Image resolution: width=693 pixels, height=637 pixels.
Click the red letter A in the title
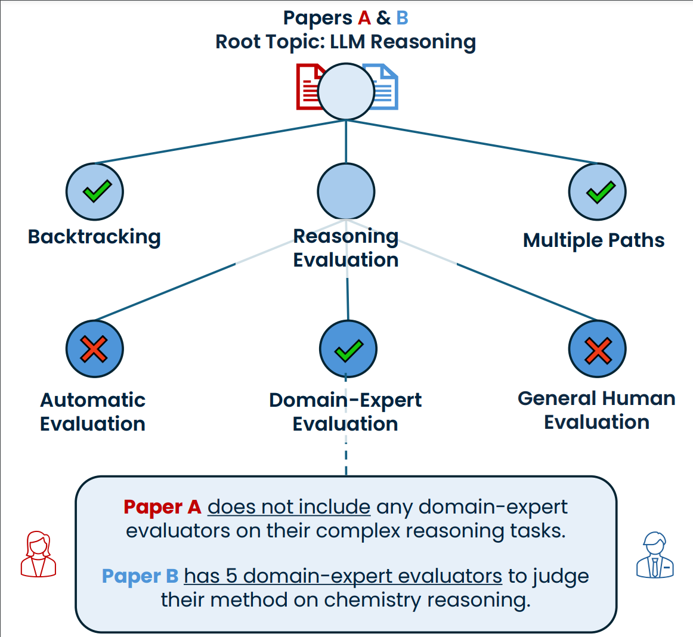[364, 18]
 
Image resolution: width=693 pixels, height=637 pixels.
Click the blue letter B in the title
[402, 18]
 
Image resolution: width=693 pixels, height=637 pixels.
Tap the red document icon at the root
[308, 87]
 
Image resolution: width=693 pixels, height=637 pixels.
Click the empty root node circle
[346, 92]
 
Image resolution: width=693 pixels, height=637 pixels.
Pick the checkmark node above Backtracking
[95, 191]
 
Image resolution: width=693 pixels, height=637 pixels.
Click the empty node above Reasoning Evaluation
[346, 191]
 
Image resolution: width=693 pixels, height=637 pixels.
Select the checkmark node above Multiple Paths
[597, 191]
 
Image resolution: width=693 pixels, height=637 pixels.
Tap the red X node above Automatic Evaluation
[94, 349]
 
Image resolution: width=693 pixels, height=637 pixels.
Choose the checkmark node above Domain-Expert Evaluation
[348, 349]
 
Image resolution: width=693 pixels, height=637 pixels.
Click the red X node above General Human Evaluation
[597, 349]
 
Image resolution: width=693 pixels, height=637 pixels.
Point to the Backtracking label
[94, 237]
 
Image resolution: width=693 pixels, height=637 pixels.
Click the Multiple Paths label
[593, 240]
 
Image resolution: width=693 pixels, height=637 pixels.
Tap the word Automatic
[92, 400]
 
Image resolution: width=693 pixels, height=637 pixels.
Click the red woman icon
[38, 554]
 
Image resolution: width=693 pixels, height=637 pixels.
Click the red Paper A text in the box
[162, 507]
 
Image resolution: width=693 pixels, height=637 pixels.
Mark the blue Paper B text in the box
[140, 576]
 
